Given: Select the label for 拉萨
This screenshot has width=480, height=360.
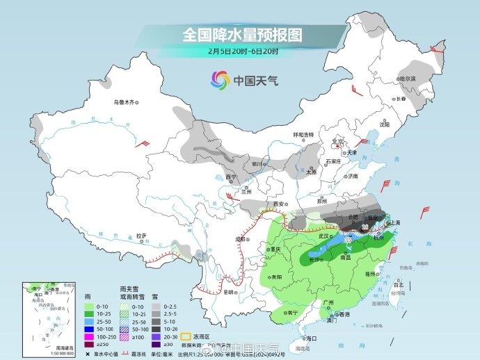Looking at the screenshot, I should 141,235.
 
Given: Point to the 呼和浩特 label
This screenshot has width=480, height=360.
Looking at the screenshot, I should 303,134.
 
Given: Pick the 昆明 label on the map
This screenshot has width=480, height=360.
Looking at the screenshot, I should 228,292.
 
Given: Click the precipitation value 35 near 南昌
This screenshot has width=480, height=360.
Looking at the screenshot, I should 347,240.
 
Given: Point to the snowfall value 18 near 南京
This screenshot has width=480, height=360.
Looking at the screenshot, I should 365,227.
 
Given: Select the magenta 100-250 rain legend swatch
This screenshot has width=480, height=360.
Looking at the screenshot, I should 90,336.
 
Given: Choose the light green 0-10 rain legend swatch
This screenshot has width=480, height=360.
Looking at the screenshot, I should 90,305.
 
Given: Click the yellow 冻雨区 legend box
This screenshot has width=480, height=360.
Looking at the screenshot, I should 186,336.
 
